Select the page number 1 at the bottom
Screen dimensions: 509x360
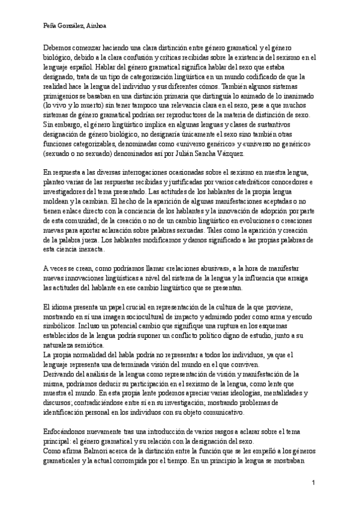(313, 483)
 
